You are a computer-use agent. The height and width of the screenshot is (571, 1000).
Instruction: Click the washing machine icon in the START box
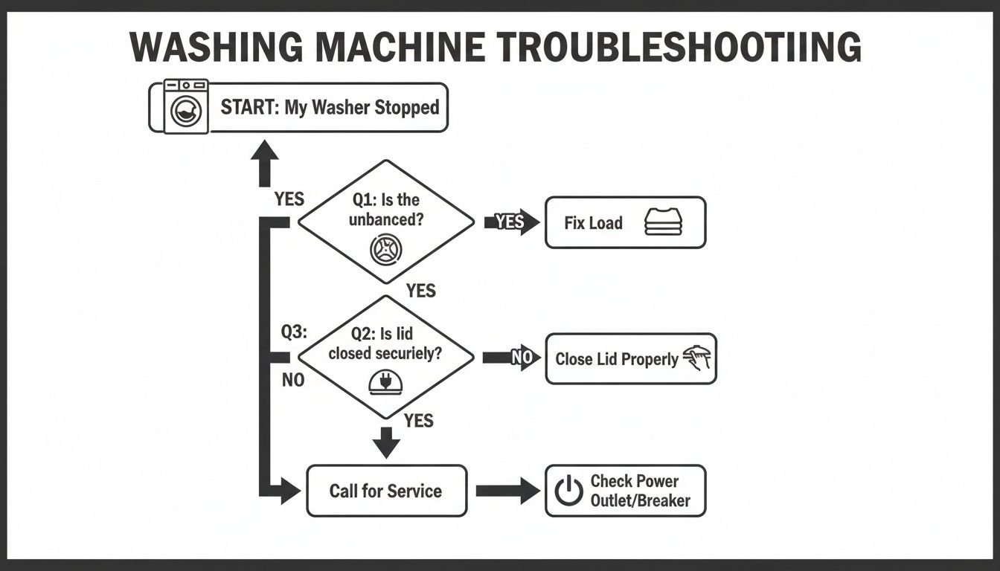(x=185, y=107)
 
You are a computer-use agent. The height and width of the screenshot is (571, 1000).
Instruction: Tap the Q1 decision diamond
(x=385, y=221)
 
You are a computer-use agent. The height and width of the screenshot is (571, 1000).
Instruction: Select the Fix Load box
(x=625, y=222)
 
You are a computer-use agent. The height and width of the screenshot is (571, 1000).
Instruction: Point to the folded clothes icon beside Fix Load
(x=663, y=222)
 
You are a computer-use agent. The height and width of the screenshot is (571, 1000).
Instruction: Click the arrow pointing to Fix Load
(x=512, y=222)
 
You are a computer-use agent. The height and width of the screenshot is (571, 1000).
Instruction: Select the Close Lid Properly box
(x=630, y=358)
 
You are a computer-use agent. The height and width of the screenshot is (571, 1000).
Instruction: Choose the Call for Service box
(x=386, y=491)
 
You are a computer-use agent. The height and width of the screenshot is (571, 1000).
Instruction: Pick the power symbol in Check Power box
(x=569, y=491)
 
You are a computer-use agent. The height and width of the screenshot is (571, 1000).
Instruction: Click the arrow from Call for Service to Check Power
(x=507, y=491)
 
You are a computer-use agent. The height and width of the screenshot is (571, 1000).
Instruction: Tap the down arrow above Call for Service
(x=385, y=442)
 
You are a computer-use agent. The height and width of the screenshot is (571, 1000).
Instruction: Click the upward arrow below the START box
(x=264, y=162)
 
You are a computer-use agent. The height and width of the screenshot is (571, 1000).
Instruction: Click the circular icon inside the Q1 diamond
(x=385, y=249)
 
